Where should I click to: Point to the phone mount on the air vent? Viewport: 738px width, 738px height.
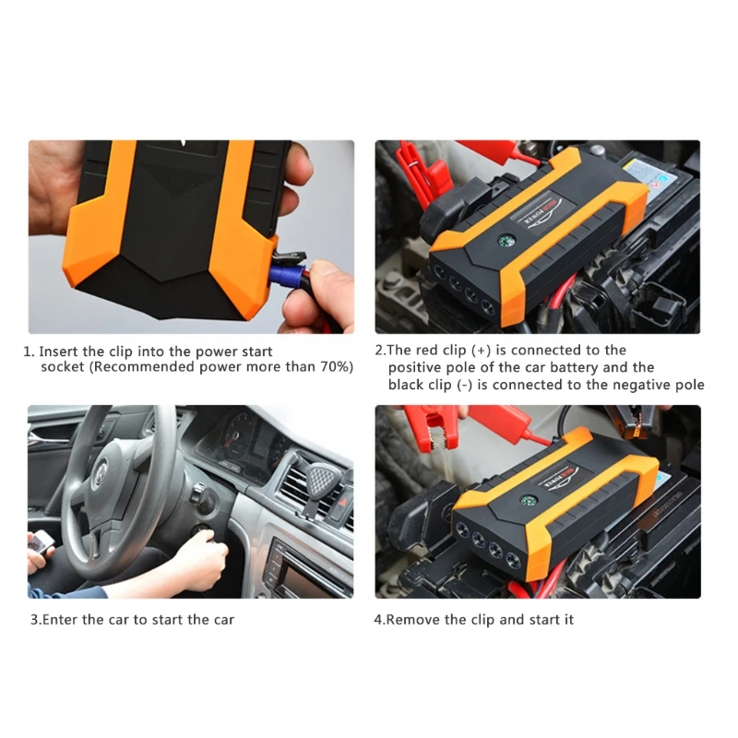coord(319,479)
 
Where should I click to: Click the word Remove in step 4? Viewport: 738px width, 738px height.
coord(413,619)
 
